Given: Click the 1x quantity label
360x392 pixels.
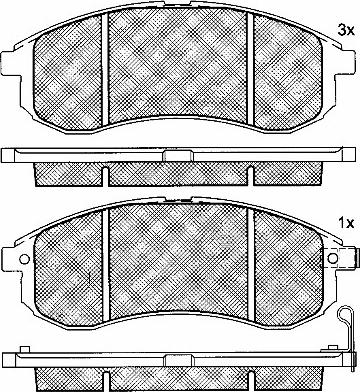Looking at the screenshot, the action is coord(346,223).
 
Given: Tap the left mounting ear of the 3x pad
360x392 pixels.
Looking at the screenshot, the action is coord(8,63).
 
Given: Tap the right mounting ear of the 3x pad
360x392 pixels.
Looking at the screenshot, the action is coord(349,63).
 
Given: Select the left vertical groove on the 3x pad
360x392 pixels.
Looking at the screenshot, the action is coord(105,68).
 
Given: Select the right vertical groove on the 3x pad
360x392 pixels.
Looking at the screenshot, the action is coord(250,70).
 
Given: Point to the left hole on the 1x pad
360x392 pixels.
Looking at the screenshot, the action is coord(24,259).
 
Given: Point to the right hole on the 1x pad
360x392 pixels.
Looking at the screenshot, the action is coord(333,258).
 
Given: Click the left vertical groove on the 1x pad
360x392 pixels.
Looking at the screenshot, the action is coord(106,263).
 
